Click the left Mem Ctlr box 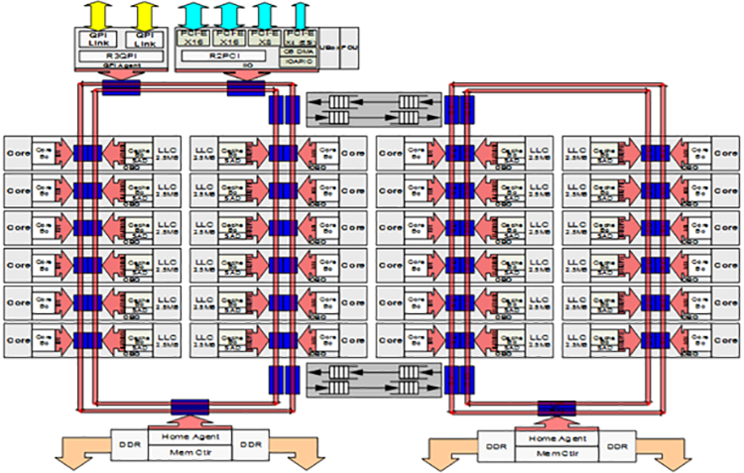[x=188, y=451]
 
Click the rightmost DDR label [x=616, y=445]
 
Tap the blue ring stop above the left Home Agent [x=188, y=407]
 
